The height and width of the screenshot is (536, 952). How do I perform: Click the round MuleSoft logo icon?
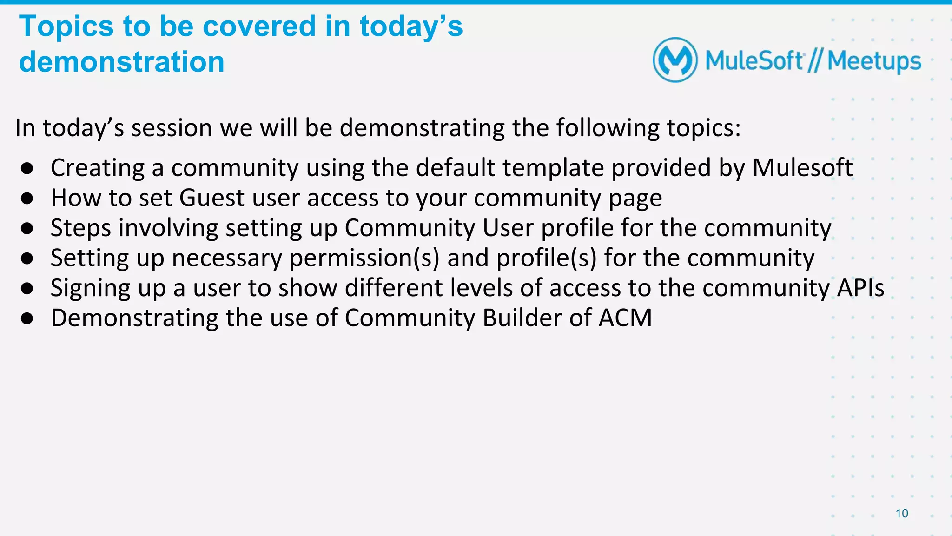point(675,60)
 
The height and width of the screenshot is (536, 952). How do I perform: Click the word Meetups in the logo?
point(874,61)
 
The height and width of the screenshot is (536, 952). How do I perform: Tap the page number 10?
point(902,513)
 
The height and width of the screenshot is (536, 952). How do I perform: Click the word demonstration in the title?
point(122,62)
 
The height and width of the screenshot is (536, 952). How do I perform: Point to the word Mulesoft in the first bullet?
point(802,167)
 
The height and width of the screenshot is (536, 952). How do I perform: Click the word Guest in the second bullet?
point(212,198)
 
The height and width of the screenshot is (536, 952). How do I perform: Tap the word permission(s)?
point(364,258)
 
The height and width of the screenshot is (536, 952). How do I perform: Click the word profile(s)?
point(546,258)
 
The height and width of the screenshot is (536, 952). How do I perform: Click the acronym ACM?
point(625,318)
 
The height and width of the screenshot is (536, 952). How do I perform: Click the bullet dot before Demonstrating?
point(27,318)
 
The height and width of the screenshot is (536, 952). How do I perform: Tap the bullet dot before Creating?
point(27,168)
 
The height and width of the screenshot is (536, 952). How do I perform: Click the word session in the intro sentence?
point(172,128)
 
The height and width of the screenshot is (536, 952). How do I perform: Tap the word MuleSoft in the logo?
point(754,61)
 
